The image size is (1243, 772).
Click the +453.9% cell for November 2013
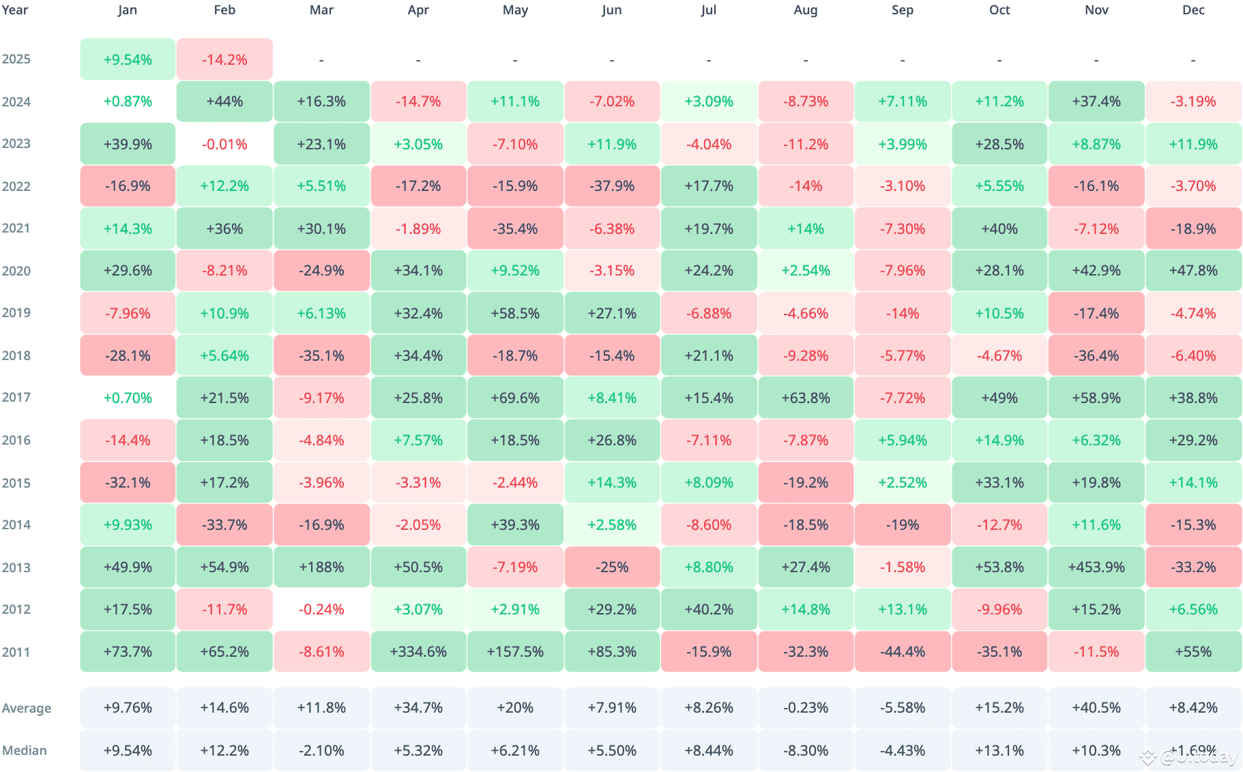pyautogui.click(x=1096, y=567)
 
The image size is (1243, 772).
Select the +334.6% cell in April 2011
pyautogui.click(x=418, y=652)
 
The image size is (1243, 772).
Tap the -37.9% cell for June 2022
pyautogui.click(x=612, y=186)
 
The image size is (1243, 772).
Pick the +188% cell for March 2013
pyautogui.click(x=321, y=567)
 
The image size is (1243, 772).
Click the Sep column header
pyautogui.click(x=902, y=10)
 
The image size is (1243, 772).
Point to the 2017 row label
pyautogui.click(x=16, y=398)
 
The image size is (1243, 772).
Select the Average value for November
pyautogui.click(x=1096, y=708)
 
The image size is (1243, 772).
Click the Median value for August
pyautogui.click(x=805, y=751)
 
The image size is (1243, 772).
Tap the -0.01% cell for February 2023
pyautogui.click(x=224, y=145)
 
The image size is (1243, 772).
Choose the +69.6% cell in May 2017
pyautogui.click(x=515, y=398)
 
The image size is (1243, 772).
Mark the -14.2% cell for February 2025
pyautogui.click(x=224, y=60)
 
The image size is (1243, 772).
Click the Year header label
pyautogui.click(x=15, y=10)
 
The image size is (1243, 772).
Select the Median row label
pyautogui.click(x=25, y=751)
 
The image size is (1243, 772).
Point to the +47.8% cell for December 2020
pyautogui.click(x=1193, y=271)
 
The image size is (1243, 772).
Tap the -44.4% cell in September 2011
pyautogui.click(x=902, y=652)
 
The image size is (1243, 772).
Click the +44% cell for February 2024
pyautogui.click(x=224, y=102)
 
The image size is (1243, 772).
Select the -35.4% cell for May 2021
pyautogui.click(x=515, y=229)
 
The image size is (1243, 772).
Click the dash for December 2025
pyautogui.click(x=1193, y=60)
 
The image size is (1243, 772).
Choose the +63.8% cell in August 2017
pyautogui.click(x=805, y=398)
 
